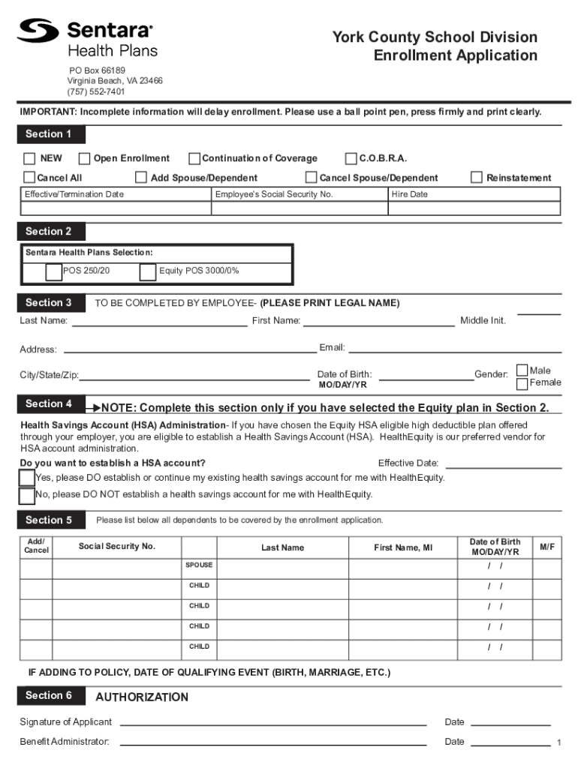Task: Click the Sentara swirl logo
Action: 38,31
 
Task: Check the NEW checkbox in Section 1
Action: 29,158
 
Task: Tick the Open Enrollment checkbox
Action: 84,158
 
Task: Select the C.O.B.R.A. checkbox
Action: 351,158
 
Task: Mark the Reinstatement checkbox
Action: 477,178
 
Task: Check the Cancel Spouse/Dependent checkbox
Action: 311,178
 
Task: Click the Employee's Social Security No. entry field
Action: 300,208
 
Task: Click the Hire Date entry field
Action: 474,208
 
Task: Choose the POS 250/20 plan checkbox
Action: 53,272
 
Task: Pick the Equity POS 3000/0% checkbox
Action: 148,272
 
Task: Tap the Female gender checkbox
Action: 522,385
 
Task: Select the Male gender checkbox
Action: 522,371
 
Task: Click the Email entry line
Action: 455,349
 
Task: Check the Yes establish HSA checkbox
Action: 27,478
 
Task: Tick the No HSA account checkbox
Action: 27,495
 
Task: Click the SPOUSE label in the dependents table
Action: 199,565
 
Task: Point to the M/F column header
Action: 546,547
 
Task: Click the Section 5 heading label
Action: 49,520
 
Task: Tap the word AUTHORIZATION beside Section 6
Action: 142,697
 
